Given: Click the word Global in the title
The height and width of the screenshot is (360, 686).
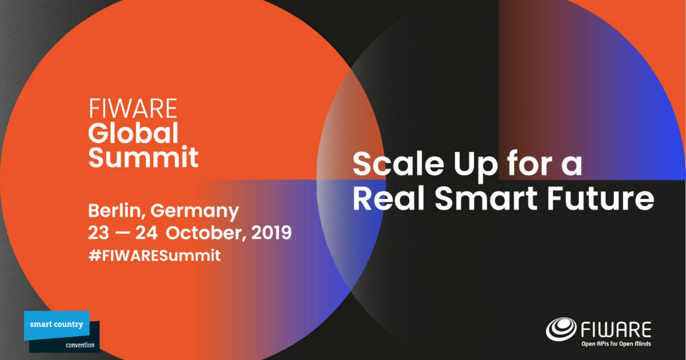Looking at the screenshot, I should (x=133, y=133).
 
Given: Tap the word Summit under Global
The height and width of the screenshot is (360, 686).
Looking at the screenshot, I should (x=143, y=157).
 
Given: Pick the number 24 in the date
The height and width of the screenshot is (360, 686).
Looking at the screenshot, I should (x=150, y=233).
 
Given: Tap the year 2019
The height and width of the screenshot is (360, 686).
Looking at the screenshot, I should (x=271, y=233).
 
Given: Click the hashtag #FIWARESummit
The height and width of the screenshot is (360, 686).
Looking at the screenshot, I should (x=154, y=255).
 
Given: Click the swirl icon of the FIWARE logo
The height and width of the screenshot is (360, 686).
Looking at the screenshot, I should (x=562, y=330).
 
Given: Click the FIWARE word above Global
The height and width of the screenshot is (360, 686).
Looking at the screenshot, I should (x=133, y=109).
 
